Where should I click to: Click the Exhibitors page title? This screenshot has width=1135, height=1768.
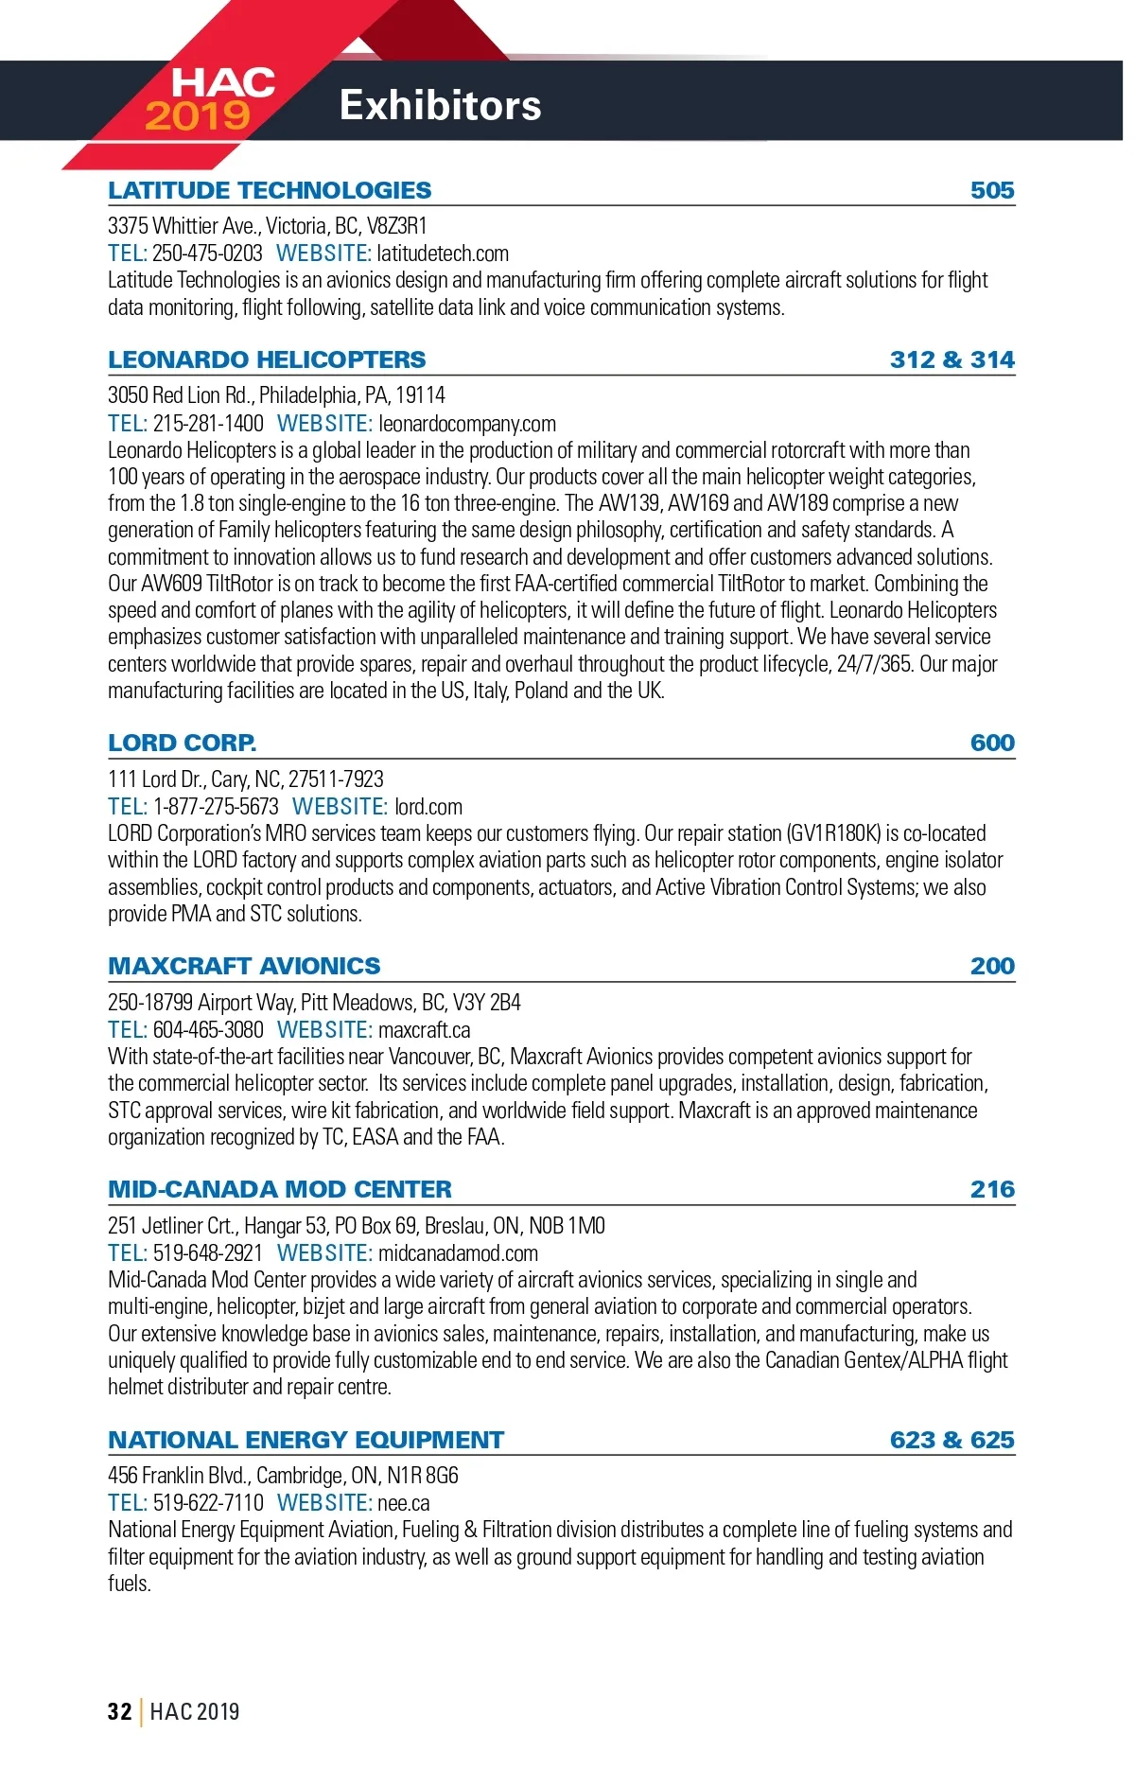click(440, 105)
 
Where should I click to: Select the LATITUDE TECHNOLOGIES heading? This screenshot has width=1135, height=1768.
click(270, 190)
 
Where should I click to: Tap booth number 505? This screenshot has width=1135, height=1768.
click(991, 190)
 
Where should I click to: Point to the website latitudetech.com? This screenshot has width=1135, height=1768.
click(442, 254)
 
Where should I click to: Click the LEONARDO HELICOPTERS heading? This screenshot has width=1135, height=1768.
click(267, 359)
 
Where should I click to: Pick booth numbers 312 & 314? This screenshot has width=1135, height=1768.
click(952, 359)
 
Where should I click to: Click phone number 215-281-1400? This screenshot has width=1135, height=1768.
click(208, 424)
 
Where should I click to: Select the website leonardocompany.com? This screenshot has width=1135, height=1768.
click(467, 424)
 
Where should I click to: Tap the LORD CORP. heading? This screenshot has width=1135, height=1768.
click(182, 743)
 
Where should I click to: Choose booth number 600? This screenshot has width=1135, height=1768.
click(991, 743)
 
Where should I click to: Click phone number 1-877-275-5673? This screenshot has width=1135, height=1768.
click(216, 807)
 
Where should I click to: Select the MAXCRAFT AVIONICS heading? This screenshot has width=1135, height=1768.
click(244, 966)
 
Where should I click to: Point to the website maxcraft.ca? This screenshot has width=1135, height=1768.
click(424, 1030)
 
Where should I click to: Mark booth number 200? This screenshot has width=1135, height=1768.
click(991, 966)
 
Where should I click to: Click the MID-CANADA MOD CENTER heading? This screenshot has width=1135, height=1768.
click(280, 1189)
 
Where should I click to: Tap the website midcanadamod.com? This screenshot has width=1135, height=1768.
click(458, 1253)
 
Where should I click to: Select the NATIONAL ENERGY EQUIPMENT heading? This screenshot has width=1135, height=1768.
click(306, 1440)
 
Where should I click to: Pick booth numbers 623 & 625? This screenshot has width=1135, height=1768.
click(952, 1440)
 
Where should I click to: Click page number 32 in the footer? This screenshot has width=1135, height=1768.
click(119, 1711)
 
